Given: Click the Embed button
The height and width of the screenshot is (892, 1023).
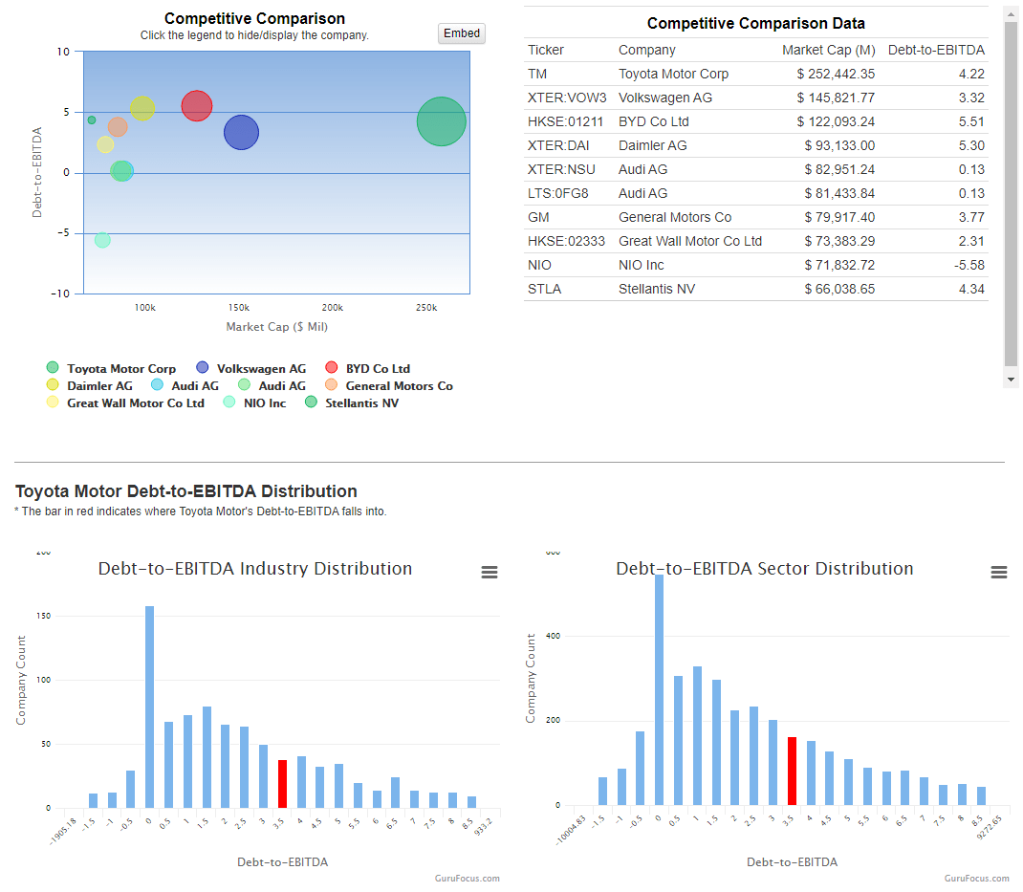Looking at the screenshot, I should (x=462, y=33).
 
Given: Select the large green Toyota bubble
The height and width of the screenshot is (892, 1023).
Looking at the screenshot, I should (x=441, y=122).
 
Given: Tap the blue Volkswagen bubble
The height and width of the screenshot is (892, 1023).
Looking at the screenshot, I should (x=241, y=133).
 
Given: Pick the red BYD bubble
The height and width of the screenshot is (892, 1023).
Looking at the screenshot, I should (x=196, y=106).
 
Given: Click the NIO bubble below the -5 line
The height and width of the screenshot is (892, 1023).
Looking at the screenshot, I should (x=102, y=240).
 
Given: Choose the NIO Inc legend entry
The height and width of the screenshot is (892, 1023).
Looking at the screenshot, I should (x=264, y=403).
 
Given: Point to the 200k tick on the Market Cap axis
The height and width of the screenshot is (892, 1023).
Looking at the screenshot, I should (x=332, y=308).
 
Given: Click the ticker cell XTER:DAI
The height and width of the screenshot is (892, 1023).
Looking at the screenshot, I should (x=554, y=145).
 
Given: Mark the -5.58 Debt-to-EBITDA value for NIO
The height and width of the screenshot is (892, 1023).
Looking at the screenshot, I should (x=966, y=265).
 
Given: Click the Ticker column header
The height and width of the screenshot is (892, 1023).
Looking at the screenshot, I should (x=546, y=50).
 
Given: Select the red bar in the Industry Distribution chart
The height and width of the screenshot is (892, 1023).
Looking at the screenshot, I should (x=282, y=784).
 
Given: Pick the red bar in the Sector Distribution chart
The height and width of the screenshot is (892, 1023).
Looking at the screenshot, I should (x=792, y=772).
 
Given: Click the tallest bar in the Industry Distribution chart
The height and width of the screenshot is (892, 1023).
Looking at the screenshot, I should (x=149, y=707).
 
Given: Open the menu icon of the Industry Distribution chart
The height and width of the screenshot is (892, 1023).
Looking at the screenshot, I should (x=489, y=573).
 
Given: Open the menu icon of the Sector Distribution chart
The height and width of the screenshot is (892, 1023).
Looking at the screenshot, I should (x=998, y=573).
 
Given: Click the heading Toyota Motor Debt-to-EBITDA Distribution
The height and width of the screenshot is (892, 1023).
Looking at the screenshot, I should (x=185, y=491).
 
